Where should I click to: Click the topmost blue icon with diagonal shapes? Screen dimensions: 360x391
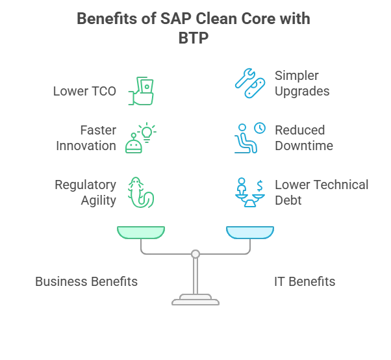(249, 83)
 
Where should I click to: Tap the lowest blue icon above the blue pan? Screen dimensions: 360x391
(250, 192)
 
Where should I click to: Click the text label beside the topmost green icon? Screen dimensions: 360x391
(86, 92)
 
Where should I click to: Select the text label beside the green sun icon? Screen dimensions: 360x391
(86, 137)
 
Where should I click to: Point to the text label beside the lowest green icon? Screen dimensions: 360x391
(86, 192)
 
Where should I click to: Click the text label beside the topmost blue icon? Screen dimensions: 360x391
(303, 83)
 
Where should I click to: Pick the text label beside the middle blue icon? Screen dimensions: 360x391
(306, 137)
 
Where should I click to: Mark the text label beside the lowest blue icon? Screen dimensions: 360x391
(321, 192)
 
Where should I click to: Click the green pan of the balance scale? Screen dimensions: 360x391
(141, 231)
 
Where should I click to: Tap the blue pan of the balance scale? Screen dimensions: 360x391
(250, 231)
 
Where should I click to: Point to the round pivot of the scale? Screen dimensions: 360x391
(195, 254)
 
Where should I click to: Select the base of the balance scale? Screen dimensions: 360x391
(195, 300)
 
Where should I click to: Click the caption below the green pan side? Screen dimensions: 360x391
(86, 281)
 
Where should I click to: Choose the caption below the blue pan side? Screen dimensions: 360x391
(304, 281)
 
